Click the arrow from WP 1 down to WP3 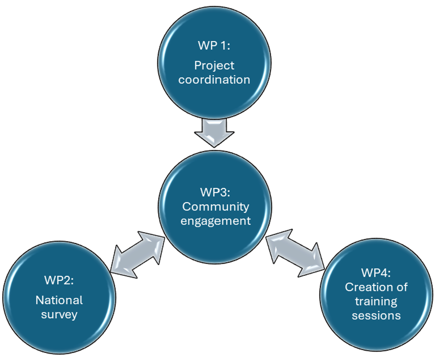click(214, 132)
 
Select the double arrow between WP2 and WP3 click(137, 254)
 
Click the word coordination click(214, 79)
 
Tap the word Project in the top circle click(214, 65)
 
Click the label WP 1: click(214, 47)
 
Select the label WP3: click(216, 193)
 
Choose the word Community click(216, 206)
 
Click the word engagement click(216, 220)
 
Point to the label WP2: click(59, 281)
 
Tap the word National click(59, 300)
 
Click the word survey click(59, 314)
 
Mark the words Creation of click(376, 287)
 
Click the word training click(376, 301)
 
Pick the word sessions click(376, 315)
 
